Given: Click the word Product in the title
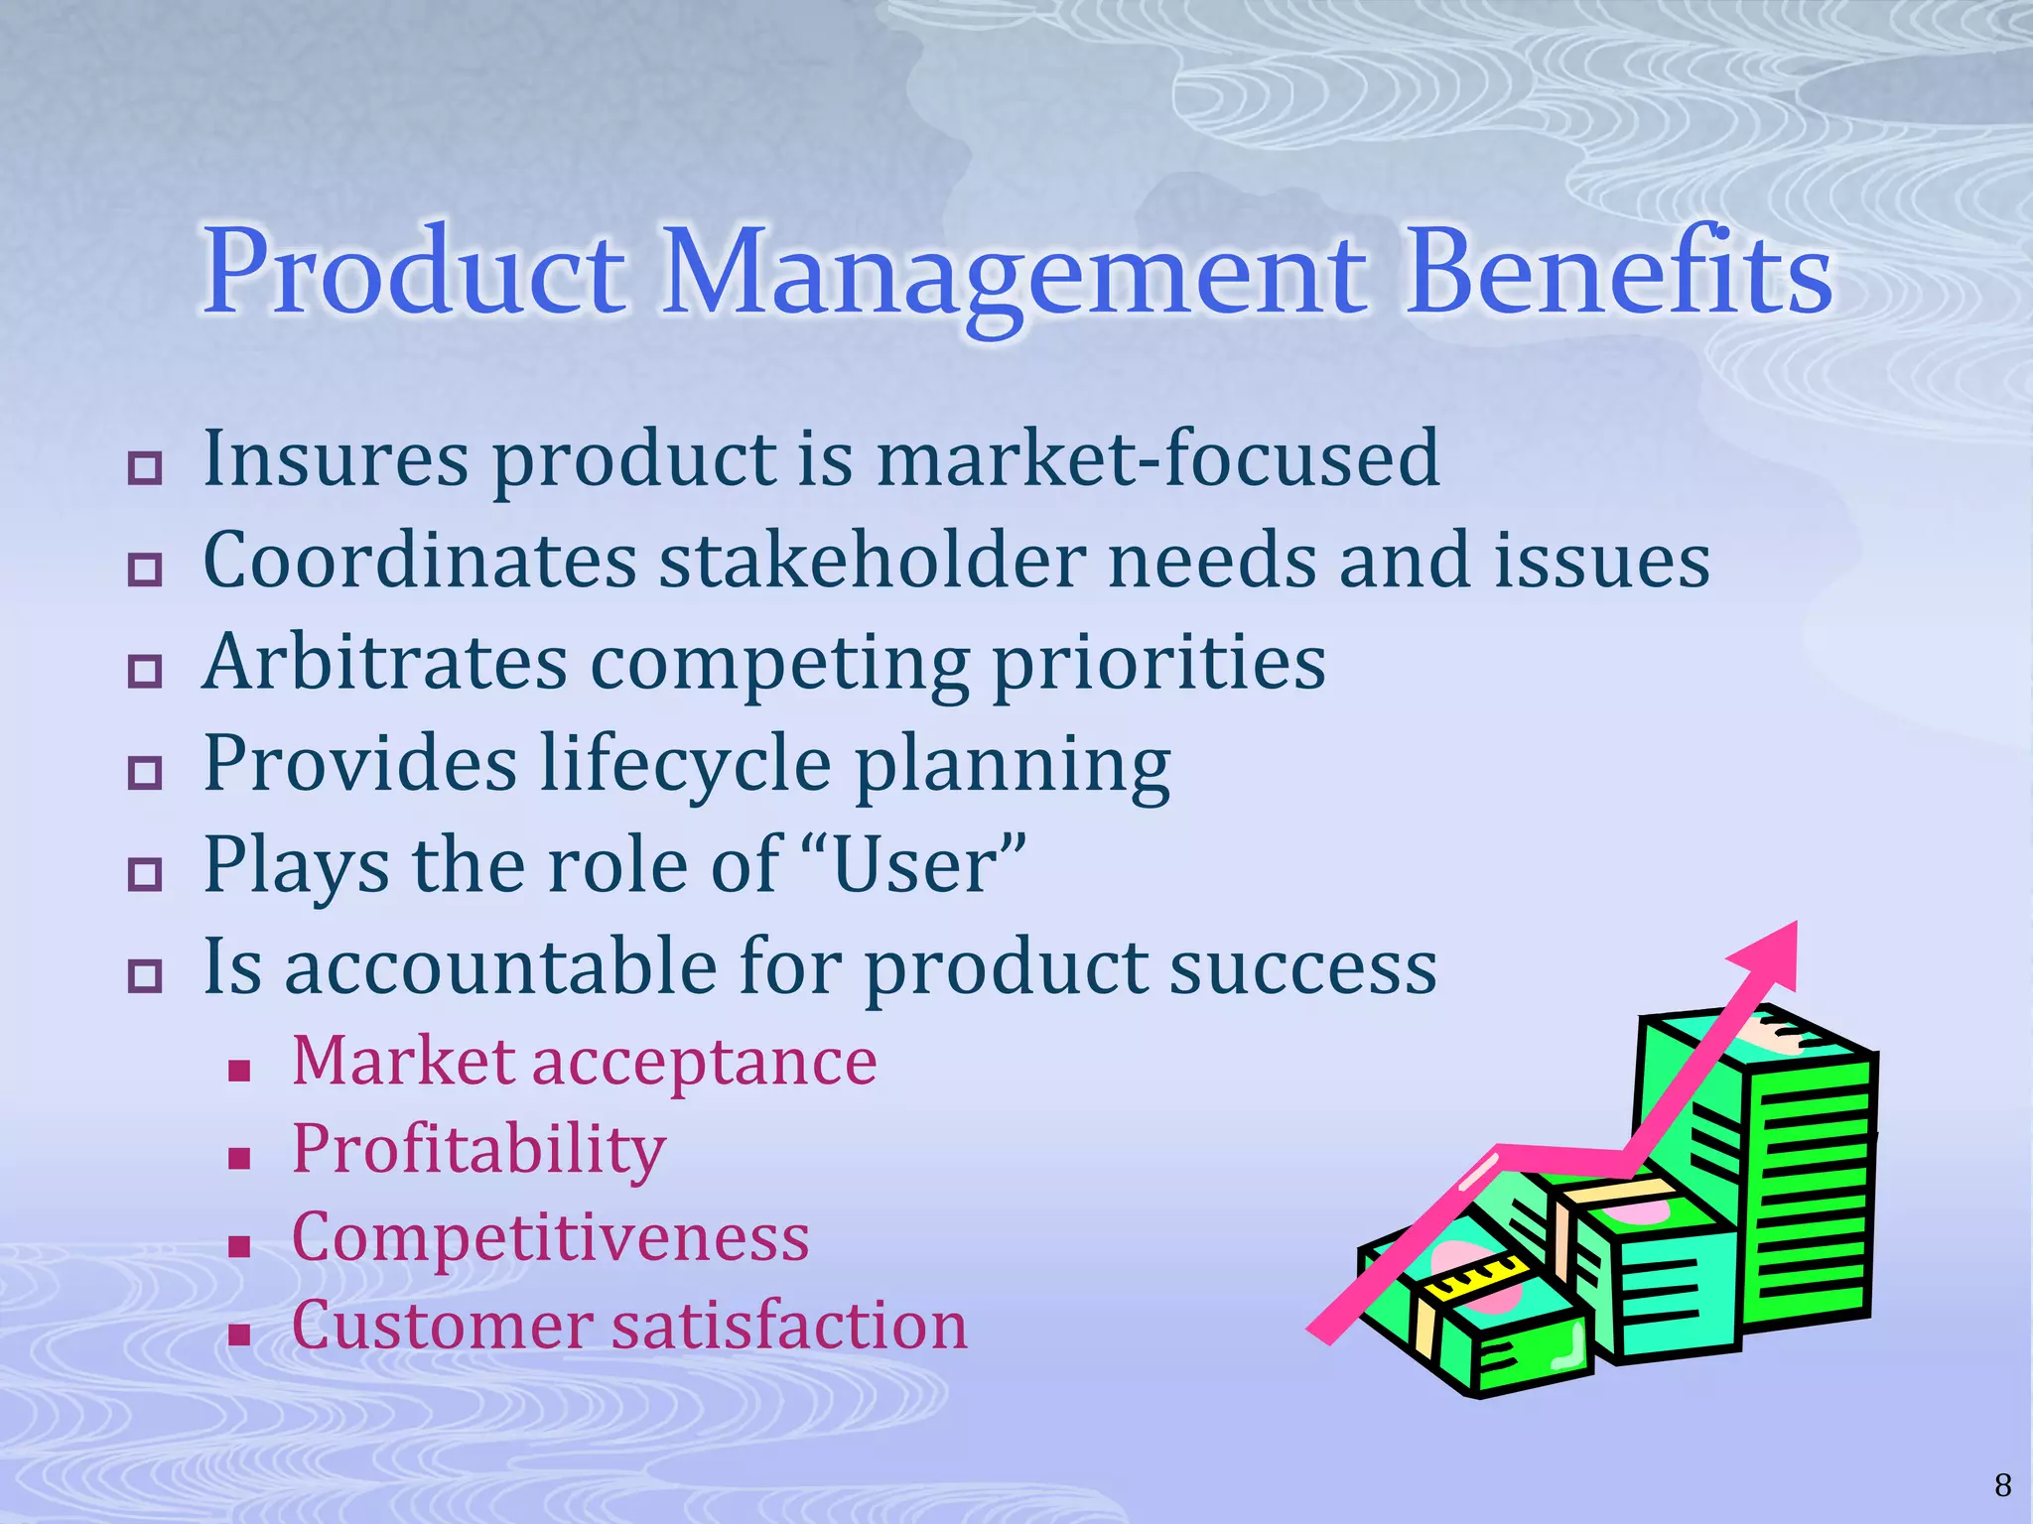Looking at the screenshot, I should pos(415,273).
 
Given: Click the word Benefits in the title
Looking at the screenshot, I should pos(1619,273).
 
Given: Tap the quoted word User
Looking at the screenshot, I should pos(914,865).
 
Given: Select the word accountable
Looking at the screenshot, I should pos(500,966).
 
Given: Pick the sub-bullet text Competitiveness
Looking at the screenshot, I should pos(551,1237).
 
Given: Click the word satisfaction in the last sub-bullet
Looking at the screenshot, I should pos(788,1326).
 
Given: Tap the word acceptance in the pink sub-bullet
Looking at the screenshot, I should pos(705,1061).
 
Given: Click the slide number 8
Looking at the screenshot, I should pos(2002,1485).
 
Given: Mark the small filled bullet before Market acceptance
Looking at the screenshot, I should pos(238,1071).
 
